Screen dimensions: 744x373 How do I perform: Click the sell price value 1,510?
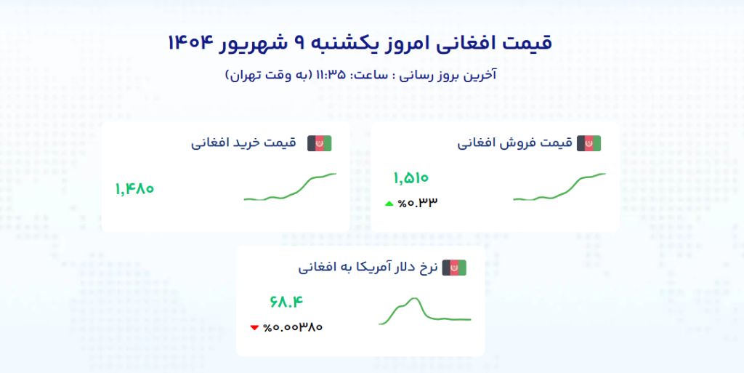pyautogui.click(x=411, y=178)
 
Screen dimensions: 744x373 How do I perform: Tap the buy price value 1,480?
pyautogui.click(x=134, y=189)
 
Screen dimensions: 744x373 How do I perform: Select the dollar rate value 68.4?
pyautogui.click(x=286, y=301)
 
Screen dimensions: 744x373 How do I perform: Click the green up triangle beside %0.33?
pyautogui.click(x=389, y=204)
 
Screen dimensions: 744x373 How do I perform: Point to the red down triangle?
pyautogui.click(x=254, y=327)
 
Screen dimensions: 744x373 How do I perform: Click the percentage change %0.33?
pyautogui.click(x=418, y=203)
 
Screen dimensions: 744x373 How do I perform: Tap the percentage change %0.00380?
pyautogui.click(x=293, y=327)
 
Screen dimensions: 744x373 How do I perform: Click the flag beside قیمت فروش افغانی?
pyautogui.click(x=589, y=143)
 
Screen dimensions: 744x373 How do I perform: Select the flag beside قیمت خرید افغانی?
pyautogui.click(x=320, y=143)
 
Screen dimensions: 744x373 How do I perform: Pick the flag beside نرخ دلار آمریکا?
pyautogui.click(x=454, y=268)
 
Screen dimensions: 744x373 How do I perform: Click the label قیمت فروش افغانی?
pyautogui.click(x=515, y=143)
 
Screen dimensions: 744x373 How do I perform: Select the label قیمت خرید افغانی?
pyautogui.click(x=243, y=143)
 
